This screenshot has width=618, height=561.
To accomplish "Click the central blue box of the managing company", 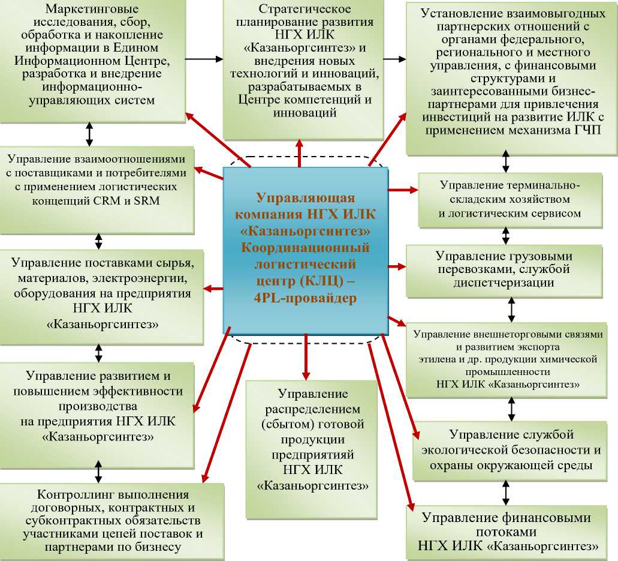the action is tap(305, 249).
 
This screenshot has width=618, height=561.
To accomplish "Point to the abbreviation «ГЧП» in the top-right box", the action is tap(584, 130).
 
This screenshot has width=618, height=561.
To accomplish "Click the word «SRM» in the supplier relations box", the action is tap(147, 200).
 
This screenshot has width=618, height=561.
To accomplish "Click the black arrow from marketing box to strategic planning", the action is tap(204, 59).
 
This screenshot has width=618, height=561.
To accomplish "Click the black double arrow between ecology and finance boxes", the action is tap(506, 493).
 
